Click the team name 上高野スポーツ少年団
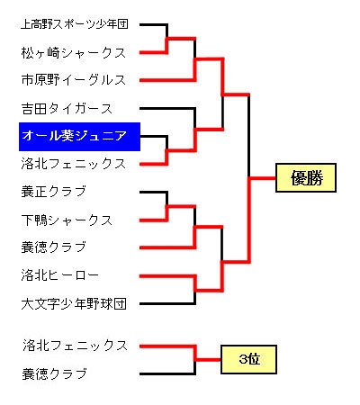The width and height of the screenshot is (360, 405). (75, 24)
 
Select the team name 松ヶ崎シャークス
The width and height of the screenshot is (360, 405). (74, 53)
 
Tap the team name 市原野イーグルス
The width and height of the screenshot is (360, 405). (74, 80)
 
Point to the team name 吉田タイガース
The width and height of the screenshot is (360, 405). (67, 108)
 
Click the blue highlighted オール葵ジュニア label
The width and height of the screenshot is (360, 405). (79, 137)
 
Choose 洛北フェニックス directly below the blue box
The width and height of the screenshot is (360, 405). (74, 164)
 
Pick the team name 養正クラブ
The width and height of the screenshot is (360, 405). (54, 192)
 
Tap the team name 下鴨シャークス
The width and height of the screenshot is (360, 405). (67, 220)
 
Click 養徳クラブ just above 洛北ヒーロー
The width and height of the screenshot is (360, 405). (54, 247)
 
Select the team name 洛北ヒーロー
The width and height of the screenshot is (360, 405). (60, 275)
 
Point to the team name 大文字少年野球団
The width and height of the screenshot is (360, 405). (74, 303)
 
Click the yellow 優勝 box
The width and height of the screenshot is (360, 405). (306, 177)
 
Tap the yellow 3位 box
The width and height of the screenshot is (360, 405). (248, 359)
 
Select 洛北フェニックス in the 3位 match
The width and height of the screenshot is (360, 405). (75, 346)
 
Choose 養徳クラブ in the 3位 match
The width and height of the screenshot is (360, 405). (54, 373)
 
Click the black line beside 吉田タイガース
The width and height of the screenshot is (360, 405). (167, 108)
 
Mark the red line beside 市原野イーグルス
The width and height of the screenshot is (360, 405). (167, 80)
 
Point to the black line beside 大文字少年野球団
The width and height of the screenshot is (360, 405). (167, 303)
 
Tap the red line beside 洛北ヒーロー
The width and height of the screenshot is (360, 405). (167, 275)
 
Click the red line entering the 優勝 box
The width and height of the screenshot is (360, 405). (263, 178)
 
